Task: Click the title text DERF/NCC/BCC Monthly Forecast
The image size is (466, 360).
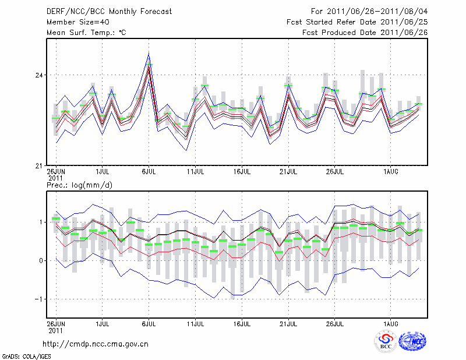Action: pos(109,11)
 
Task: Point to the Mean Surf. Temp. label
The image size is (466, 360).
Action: pos(86,33)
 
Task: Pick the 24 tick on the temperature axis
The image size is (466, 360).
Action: pos(39,76)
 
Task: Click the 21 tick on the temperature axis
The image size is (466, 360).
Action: pos(39,165)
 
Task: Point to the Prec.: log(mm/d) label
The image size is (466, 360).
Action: pos(78,185)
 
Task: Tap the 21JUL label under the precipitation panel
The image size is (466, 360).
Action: pos(288,322)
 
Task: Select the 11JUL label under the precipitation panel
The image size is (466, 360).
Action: pos(195,322)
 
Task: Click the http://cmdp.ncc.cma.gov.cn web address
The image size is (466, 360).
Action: pos(96,344)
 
